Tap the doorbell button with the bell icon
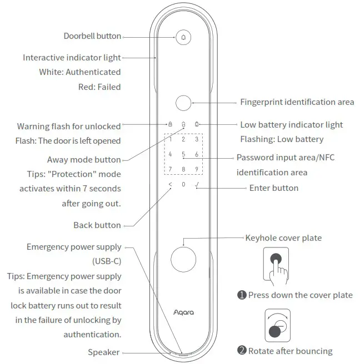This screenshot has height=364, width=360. pyautogui.click(x=183, y=37)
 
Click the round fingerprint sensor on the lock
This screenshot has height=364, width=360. pyautogui.click(x=183, y=103)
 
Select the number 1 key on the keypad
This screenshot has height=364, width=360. pyautogui.click(x=171, y=140)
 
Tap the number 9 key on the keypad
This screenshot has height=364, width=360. pyautogui.click(x=196, y=169)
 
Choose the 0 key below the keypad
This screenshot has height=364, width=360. pyautogui.click(x=183, y=184)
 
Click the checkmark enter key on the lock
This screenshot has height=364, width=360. pyautogui.click(x=197, y=184)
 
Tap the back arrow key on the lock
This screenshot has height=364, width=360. pyautogui.click(x=170, y=184)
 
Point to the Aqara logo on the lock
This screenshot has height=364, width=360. pyautogui.click(x=183, y=312)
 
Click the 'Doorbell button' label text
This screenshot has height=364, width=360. pyautogui.click(x=92, y=36)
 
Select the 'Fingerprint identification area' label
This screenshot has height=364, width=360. pyautogui.click(x=297, y=102)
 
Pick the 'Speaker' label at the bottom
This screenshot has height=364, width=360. pyautogui.click(x=104, y=352)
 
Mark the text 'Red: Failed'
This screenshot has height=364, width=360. pyautogui.click(x=99, y=87)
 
